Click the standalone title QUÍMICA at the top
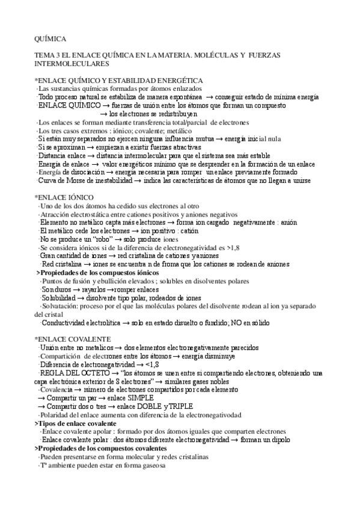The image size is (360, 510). tap(50, 38)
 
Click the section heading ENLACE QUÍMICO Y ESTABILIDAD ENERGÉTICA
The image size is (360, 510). tap(121, 81)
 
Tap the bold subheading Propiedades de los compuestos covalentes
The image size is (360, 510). tap(93, 448)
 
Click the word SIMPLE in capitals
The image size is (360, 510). tap(140, 398)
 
